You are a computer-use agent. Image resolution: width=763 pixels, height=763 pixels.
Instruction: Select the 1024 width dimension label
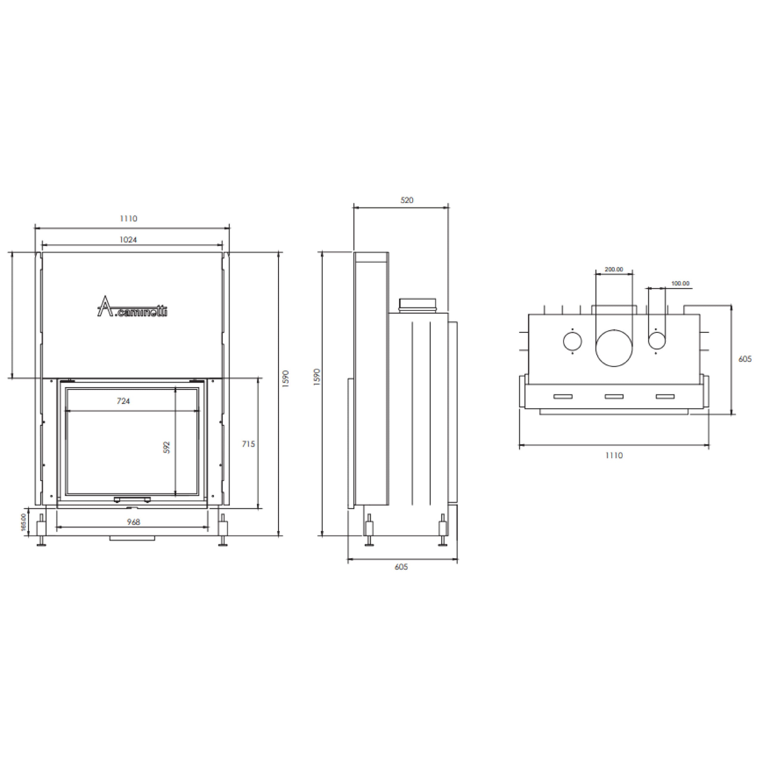(128, 240)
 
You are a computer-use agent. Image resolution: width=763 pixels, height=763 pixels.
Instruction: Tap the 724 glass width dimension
(123, 401)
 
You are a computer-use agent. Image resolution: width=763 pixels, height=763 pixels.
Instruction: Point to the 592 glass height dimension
(167, 447)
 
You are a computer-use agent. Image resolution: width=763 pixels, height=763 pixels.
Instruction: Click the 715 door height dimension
(248, 444)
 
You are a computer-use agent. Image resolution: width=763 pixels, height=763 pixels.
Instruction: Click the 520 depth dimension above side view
(407, 200)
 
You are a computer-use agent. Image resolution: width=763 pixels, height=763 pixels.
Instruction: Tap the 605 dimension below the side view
(401, 567)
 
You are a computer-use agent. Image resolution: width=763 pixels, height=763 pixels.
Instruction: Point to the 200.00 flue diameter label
(614, 269)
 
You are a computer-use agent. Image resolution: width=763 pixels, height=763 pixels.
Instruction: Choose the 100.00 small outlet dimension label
(680, 283)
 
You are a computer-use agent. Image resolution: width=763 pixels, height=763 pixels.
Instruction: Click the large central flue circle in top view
(614, 348)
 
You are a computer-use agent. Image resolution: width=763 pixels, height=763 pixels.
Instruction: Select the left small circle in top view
(572, 342)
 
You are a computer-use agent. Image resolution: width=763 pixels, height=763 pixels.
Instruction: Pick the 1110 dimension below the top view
(614, 455)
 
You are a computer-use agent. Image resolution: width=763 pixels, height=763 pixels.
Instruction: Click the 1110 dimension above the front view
(128, 218)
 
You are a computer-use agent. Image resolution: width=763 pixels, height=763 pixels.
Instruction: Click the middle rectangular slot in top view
(614, 396)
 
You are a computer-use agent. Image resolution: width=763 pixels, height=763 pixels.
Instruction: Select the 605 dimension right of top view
(745, 359)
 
